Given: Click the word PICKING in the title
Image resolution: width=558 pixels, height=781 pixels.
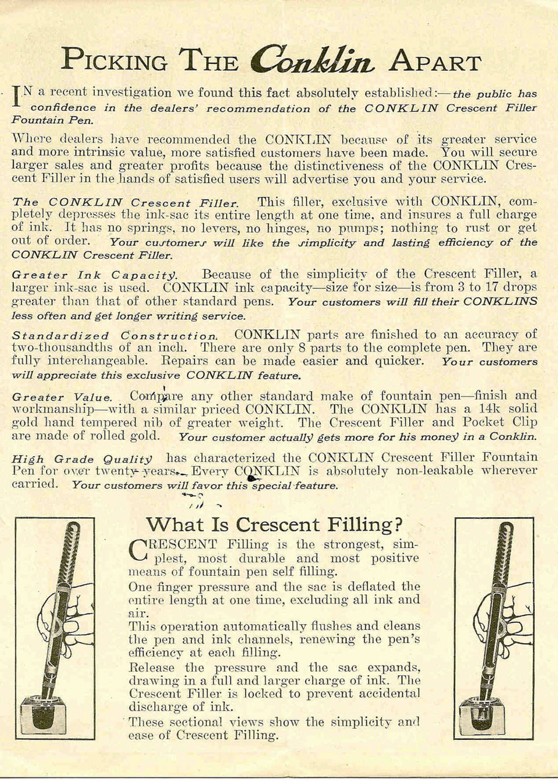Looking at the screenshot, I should tap(115, 60).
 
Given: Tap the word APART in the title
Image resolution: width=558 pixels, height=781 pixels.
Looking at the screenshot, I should tap(435, 61).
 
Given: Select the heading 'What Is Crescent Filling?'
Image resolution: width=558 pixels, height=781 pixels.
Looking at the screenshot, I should tap(274, 525).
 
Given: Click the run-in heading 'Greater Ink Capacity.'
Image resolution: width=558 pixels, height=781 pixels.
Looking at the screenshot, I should tap(94, 275).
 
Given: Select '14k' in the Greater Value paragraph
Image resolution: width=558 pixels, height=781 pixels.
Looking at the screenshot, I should tap(493, 409).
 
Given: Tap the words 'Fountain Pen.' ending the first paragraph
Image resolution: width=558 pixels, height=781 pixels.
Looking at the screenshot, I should tap(52, 120).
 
